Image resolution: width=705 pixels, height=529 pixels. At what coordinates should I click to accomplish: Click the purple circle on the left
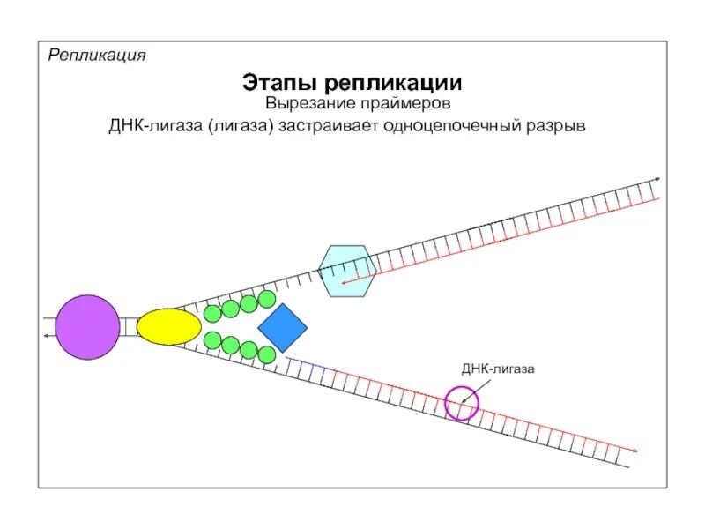tap(87, 327)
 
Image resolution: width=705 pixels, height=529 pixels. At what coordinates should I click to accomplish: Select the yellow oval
tap(169, 326)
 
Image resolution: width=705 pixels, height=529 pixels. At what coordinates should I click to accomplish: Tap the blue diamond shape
tap(282, 328)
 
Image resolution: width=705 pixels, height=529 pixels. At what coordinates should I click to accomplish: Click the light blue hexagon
tap(347, 271)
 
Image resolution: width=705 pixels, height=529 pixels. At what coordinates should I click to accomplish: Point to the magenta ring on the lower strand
tap(461, 404)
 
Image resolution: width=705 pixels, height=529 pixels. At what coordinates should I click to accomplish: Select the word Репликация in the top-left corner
tap(97, 55)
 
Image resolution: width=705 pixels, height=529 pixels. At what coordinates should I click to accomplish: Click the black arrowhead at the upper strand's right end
tap(657, 179)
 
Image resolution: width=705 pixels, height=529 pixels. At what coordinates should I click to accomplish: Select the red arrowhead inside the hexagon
tap(343, 283)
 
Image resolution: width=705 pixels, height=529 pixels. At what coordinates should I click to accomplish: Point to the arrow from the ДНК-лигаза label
tap(471, 390)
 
